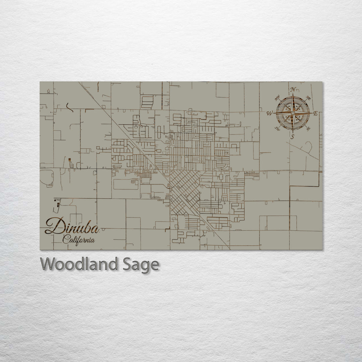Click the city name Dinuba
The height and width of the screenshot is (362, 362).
[72, 227]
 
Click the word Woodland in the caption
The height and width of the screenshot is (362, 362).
[78, 264]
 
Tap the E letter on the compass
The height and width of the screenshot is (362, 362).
[315, 113]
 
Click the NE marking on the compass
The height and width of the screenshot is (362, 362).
[309, 98]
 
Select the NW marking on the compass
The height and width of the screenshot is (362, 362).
[277, 99]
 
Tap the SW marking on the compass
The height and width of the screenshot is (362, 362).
[277, 128]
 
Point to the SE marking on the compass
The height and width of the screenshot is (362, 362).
[308, 128]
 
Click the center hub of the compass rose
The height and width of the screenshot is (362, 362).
[293, 113]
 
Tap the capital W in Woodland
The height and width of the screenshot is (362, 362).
[48, 264]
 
